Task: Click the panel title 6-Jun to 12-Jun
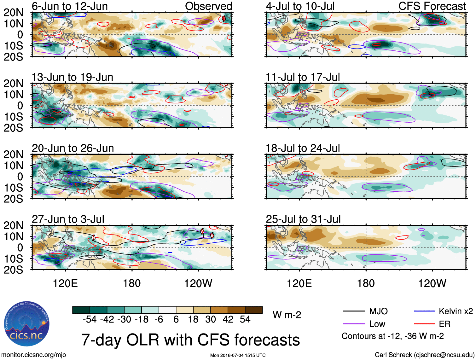[x=70, y=6]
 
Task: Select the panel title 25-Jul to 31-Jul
[x=303, y=219]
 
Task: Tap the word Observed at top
[x=208, y=6]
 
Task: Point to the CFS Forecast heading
[x=432, y=6]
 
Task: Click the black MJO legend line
[x=354, y=311]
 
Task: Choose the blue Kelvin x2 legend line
[x=424, y=311]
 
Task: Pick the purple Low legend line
[x=354, y=324]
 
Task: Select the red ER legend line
[x=424, y=324]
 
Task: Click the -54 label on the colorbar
[x=90, y=320]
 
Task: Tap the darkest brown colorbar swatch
[x=254, y=310]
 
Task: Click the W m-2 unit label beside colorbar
[x=287, y=315]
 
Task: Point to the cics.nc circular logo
[x=27, y=324]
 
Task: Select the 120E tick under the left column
[x=65, y=283]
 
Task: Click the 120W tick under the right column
[x=432, y=283]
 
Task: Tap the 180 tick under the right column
[x=366, y=283]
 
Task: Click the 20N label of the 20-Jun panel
[x=14, y=154]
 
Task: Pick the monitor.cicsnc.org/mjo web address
[x=34, y=355]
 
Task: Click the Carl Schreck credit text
[x=424, y=355]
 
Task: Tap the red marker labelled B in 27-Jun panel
[x=212, y=235]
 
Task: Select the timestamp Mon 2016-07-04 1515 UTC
[x=238, y=355]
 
